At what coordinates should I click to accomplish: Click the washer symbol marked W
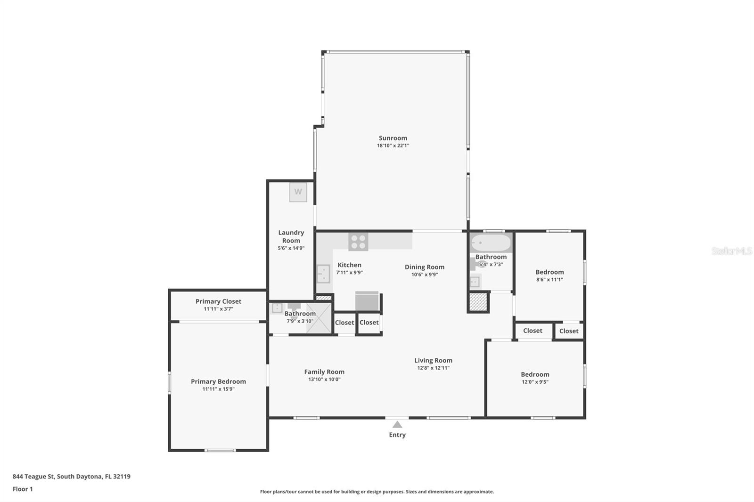pyautogui.click(x=298, y=192)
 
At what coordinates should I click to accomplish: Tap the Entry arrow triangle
pyautogui.click(x=397, y=424)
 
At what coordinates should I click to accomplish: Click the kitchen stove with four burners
pyautogui.click(x=358, y=242)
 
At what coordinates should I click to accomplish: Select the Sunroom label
pyautogui.click(x=393, y=138)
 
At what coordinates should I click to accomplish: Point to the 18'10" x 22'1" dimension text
pyautogui.click(x=393, y=146)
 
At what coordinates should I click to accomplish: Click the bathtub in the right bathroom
pyautogui.click(x=491, y=243)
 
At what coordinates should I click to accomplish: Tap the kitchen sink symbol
pyautogui.click(x=323, y=274)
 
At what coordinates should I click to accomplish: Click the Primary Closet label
pyautogui.click(x=218, y=301)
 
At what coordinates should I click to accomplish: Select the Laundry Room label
pyautogui.click(x=291, y=236)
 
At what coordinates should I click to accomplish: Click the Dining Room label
pyautogui.click(x=424, y=267)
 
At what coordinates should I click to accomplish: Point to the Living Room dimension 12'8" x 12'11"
pyautogui.click(x=433, y=368)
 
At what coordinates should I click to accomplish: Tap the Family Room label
pyautogui.click(x=324, y=372)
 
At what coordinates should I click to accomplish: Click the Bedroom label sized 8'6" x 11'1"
pyautogui.click(x=549, y=272)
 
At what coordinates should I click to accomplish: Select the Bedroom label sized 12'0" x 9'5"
pyautogui.click(x=535, y=374)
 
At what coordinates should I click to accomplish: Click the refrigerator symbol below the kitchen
pyautogui.click(x=367, y=301)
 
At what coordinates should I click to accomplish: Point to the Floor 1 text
pyautogui.click(x=23, y=489)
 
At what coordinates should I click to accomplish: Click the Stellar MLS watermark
pyautogui.click(x=731, y=251)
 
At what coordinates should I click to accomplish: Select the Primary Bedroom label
pyautogui.click(x=218, y=381)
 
